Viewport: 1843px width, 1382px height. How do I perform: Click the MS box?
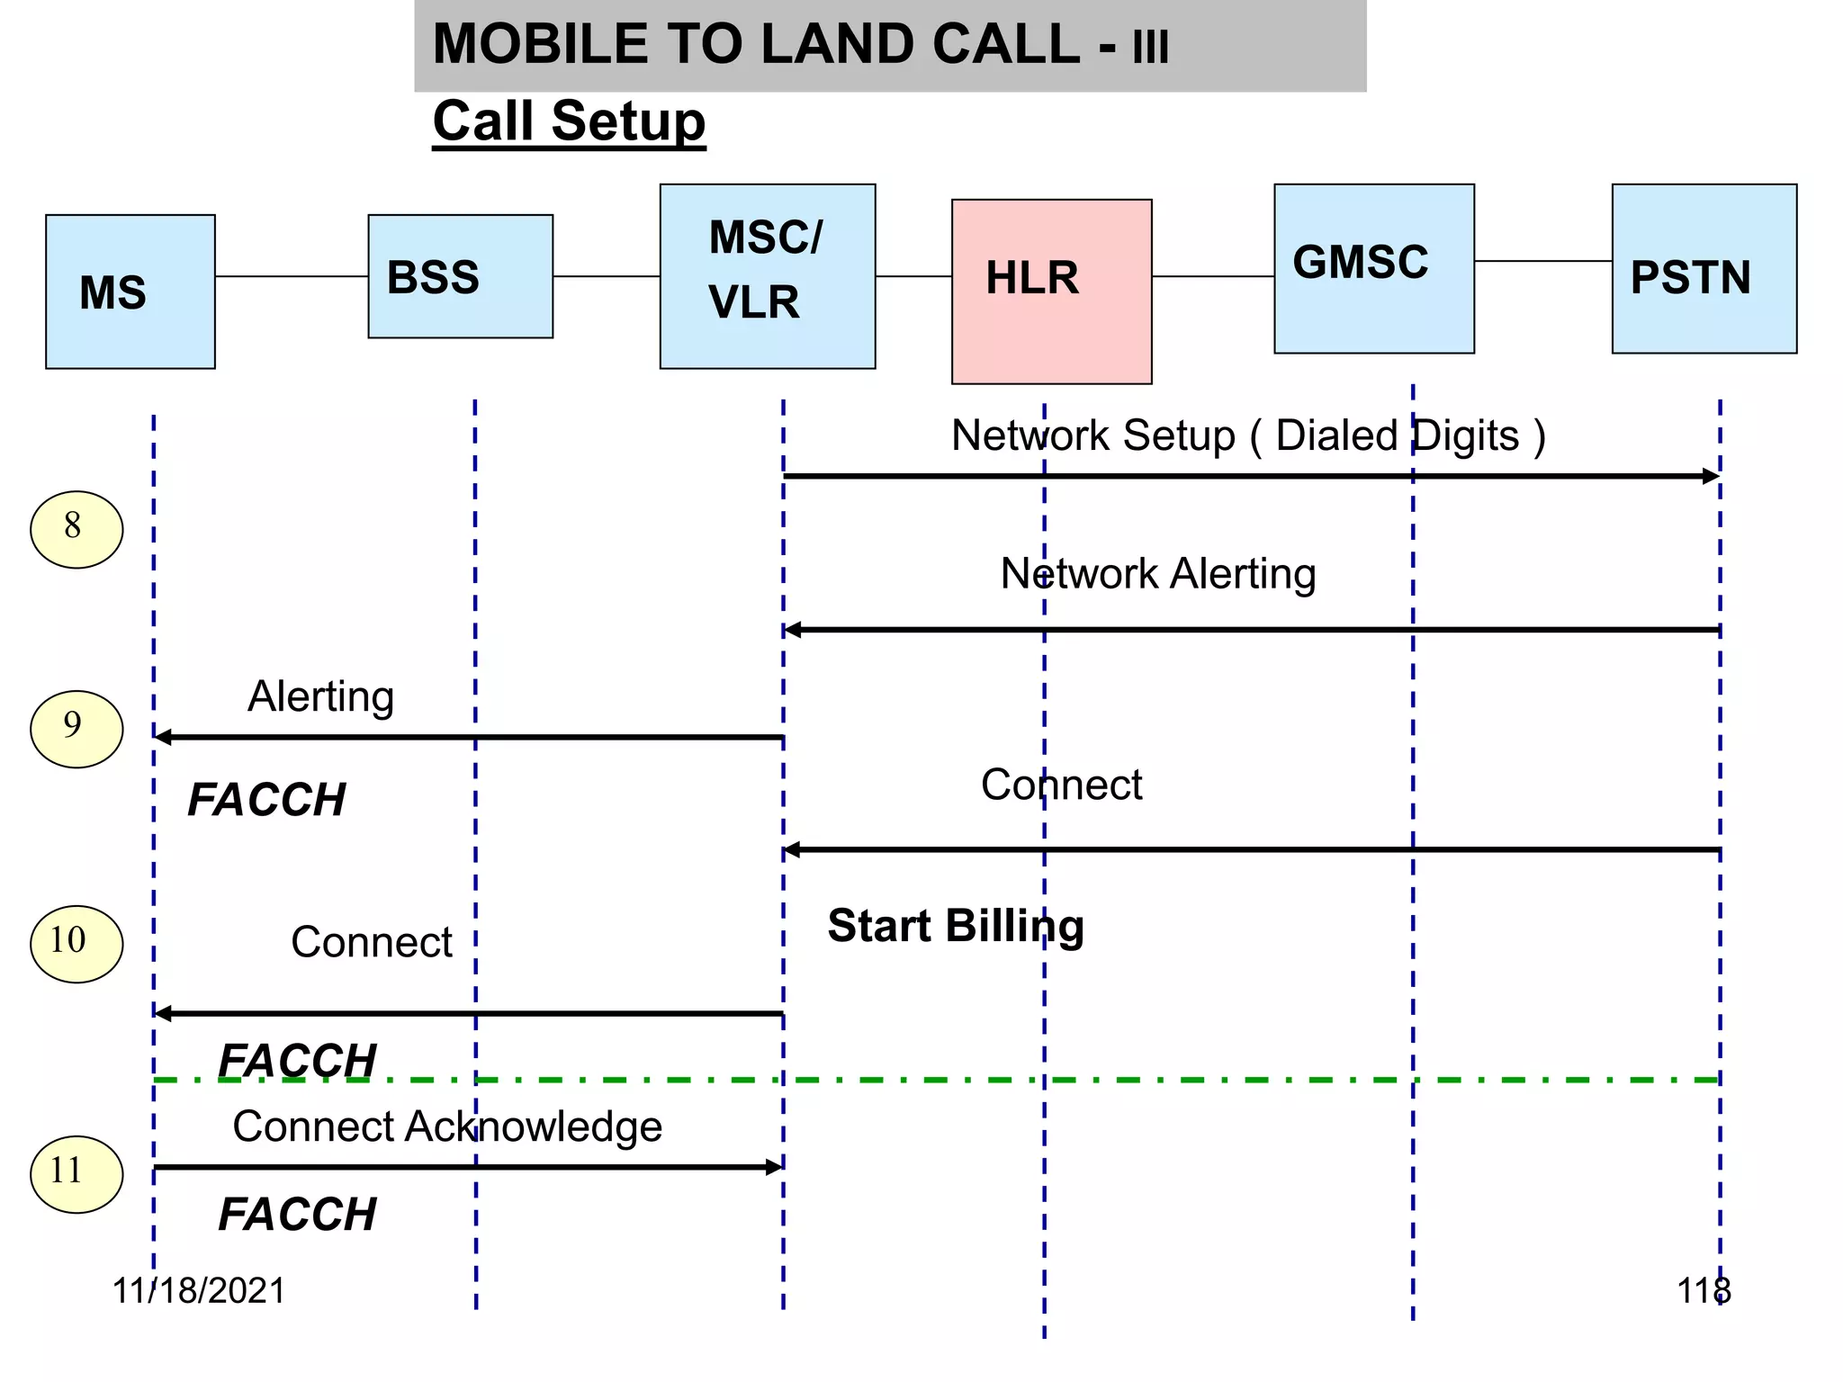[x=130, y=292]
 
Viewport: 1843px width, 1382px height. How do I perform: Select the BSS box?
[x=460, y=276]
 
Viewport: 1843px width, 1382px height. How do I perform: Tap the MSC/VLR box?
[x=767, y=276]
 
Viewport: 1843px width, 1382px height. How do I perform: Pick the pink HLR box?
[x=1051, y=292]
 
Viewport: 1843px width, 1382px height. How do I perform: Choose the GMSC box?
[x=1373, y=268]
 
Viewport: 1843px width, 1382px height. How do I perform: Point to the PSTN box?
[x=1704, y=268]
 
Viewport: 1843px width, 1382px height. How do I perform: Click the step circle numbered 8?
[x=76, y=529]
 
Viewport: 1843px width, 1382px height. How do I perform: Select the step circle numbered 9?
[x=76, y=729]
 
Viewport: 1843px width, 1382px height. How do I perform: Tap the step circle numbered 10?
[x=76, y=944]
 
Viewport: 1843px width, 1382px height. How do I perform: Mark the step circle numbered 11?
[x=76, y=1174]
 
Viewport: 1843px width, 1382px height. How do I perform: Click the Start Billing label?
[x=956, y=926]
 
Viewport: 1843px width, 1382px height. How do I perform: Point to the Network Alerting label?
[x=1158, y=574]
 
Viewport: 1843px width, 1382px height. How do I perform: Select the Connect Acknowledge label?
[x=447, y=1126]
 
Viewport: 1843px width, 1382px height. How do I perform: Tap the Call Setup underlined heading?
[x=569, y=121]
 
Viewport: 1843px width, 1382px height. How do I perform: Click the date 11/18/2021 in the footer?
[x=198, y=1290]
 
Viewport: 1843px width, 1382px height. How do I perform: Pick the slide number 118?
[x=1703, y=1290]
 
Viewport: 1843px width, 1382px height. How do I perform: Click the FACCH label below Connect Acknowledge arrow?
[x=297, y=1214]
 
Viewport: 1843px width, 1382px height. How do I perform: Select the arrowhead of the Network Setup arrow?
[x=1711, y=476]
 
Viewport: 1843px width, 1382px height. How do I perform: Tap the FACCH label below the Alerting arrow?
[x=266, y=799]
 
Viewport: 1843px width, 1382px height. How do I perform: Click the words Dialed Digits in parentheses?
[x=1398, y=436]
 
